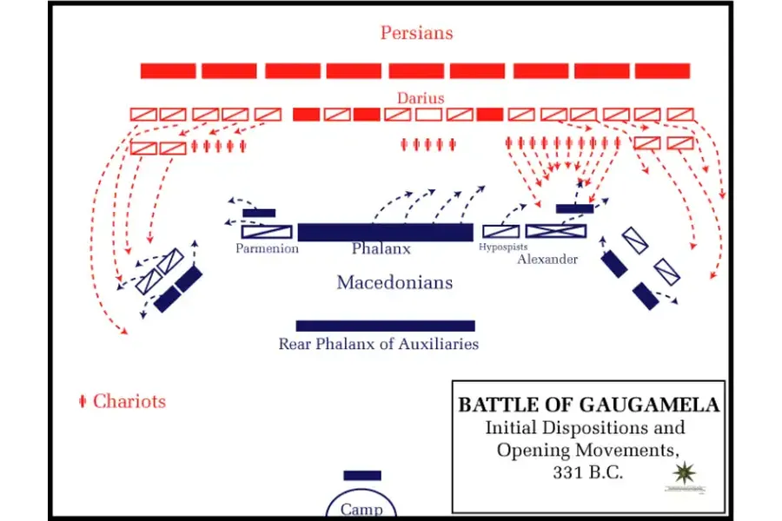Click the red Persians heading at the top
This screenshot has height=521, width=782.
point(416,34)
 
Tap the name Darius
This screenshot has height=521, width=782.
point(421,98)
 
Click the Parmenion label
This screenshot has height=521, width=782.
point(267,249)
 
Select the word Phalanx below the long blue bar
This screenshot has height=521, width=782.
point(381,249)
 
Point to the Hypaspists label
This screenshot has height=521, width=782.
point(503,247)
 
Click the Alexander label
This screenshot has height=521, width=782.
point(547,259)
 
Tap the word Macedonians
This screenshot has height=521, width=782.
point(394,283)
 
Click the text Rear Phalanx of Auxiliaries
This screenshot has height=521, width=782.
point(378,344)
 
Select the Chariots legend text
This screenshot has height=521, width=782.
point(129,401)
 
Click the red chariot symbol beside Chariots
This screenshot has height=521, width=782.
point(83,401)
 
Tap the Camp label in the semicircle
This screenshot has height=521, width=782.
point(361,510)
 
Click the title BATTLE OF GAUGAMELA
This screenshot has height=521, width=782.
point(588,405)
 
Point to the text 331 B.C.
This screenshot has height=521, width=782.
point(587,473)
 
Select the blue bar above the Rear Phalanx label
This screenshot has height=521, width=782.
point(385,326)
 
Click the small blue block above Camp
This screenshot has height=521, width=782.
point(361,475)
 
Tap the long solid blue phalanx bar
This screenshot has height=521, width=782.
point(385,232)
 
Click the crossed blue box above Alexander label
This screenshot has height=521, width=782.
point(556,231)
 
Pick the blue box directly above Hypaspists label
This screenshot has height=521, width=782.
point(500,231)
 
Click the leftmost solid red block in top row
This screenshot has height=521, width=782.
point(168,70)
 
